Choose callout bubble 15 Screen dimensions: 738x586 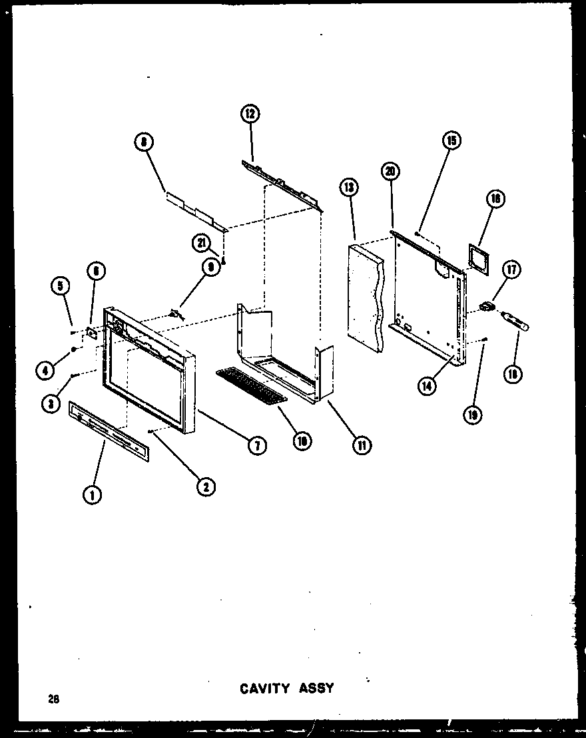pos(451,140)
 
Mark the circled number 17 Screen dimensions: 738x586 pos(512,270)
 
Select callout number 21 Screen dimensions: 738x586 pos(201,244)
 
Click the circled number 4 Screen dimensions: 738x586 pos(45,371)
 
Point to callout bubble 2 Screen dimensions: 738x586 pos(205,486)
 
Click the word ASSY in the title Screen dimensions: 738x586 pos(316,687)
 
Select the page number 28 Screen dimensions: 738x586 pos(53,699)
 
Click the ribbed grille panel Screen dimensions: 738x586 pos(251,385)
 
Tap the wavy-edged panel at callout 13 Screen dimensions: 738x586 pos(366,295)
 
